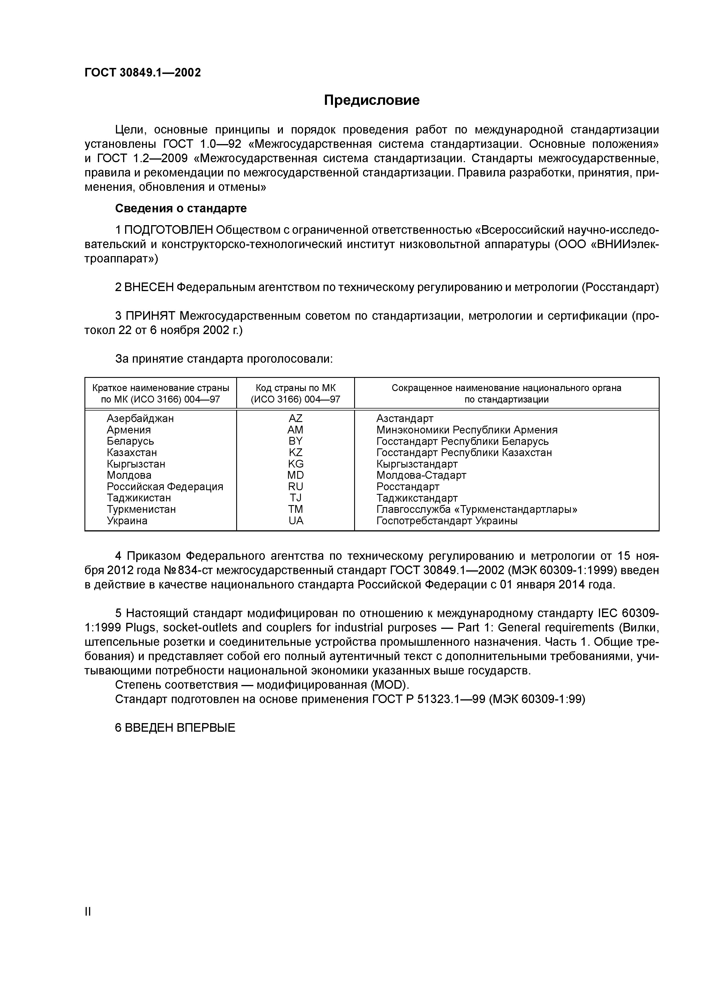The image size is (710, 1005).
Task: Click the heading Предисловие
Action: [x=371, y=100]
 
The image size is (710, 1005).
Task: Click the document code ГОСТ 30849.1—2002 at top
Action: [x=143, y=73]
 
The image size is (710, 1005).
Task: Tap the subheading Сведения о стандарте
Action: [x=181, y=208]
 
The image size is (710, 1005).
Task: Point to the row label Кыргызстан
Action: [x=136, y=464]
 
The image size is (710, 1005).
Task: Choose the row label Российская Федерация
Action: [x=165, y=486]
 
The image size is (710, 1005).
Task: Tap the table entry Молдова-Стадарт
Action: [x=421, y=475]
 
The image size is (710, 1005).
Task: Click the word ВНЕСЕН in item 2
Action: [x=149, y=287]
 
